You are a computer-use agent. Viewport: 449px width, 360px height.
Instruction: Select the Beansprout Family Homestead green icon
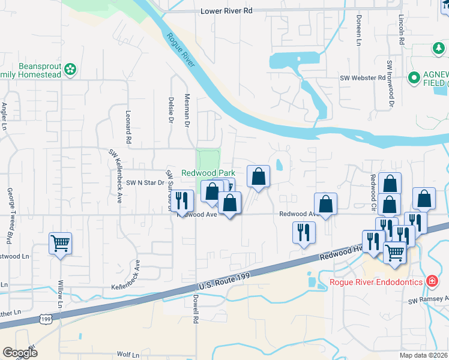[x=71, y=70]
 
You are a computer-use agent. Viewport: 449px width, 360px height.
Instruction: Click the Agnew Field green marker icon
[x=414, y=77]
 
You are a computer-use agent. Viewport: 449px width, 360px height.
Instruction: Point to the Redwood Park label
[x=208, y=172]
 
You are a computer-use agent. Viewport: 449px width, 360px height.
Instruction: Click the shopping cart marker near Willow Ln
[x=60, y=243]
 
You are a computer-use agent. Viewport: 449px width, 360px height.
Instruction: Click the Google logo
[x=20, y=352]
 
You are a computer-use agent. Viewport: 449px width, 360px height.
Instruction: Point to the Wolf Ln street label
[x=128, y=355]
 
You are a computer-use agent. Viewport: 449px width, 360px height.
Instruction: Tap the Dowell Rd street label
[x=196, y=310]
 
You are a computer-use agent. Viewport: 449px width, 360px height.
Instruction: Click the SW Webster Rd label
[x=363, y=78]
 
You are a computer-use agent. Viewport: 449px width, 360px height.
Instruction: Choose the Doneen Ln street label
[x=358, y=31]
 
